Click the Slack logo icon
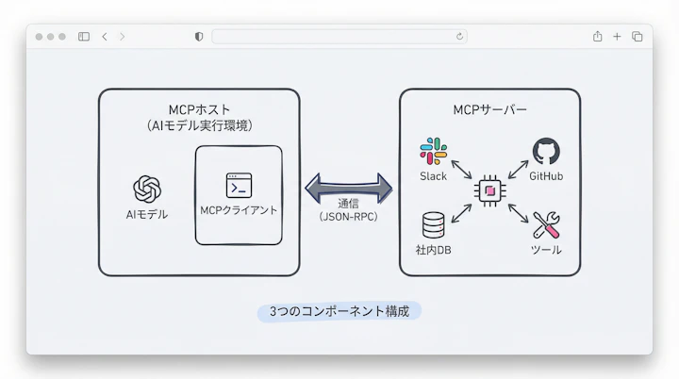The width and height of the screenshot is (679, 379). pos(434,151)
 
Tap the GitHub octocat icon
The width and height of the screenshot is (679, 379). pos(546,151)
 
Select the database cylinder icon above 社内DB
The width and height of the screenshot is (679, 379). pos(434,224)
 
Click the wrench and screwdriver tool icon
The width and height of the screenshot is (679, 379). pos(546,224)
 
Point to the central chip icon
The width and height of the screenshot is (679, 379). pos(489,190)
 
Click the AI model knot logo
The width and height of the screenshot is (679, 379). pos(147,189)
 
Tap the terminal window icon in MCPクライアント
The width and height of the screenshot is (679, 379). pos(239,185)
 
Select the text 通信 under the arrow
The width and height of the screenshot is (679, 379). pos(348,202)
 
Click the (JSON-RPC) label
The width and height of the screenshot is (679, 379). pos(348,216)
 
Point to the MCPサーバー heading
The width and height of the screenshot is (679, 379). pos(489,109)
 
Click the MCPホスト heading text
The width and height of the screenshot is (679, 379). pos(199,108)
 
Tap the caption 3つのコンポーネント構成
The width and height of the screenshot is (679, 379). pos(339,311)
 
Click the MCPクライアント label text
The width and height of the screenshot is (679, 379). pos(239,210)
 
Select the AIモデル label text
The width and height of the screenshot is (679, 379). pos(147,214)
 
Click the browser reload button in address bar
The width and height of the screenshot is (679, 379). pos(459,37)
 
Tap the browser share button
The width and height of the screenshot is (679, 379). pos(597,37)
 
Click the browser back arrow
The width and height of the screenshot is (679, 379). pos(104,37)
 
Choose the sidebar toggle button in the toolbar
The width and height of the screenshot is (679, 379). pos(84,37)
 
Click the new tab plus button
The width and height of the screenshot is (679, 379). pos(617,37)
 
